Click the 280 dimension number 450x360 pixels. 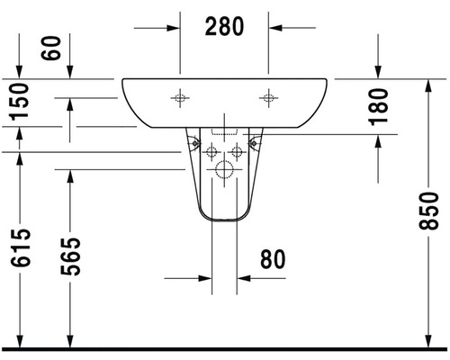[224, 27]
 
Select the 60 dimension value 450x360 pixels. [50, 48]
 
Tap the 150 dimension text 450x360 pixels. [20, 102]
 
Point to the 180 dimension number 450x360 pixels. [378, 106]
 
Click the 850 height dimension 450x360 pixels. [428, 211]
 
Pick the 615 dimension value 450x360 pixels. [21, 247]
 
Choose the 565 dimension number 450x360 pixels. [70, 256]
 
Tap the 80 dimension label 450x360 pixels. [273, 259]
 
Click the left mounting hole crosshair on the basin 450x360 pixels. [180, 98]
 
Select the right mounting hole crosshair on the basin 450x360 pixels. [268, 98]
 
